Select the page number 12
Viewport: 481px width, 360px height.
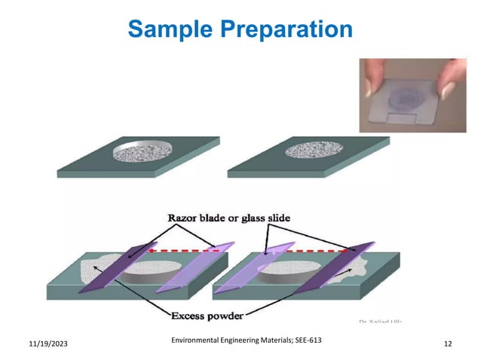coord(449,343)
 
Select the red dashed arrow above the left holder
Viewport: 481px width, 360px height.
coord(185,250)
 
